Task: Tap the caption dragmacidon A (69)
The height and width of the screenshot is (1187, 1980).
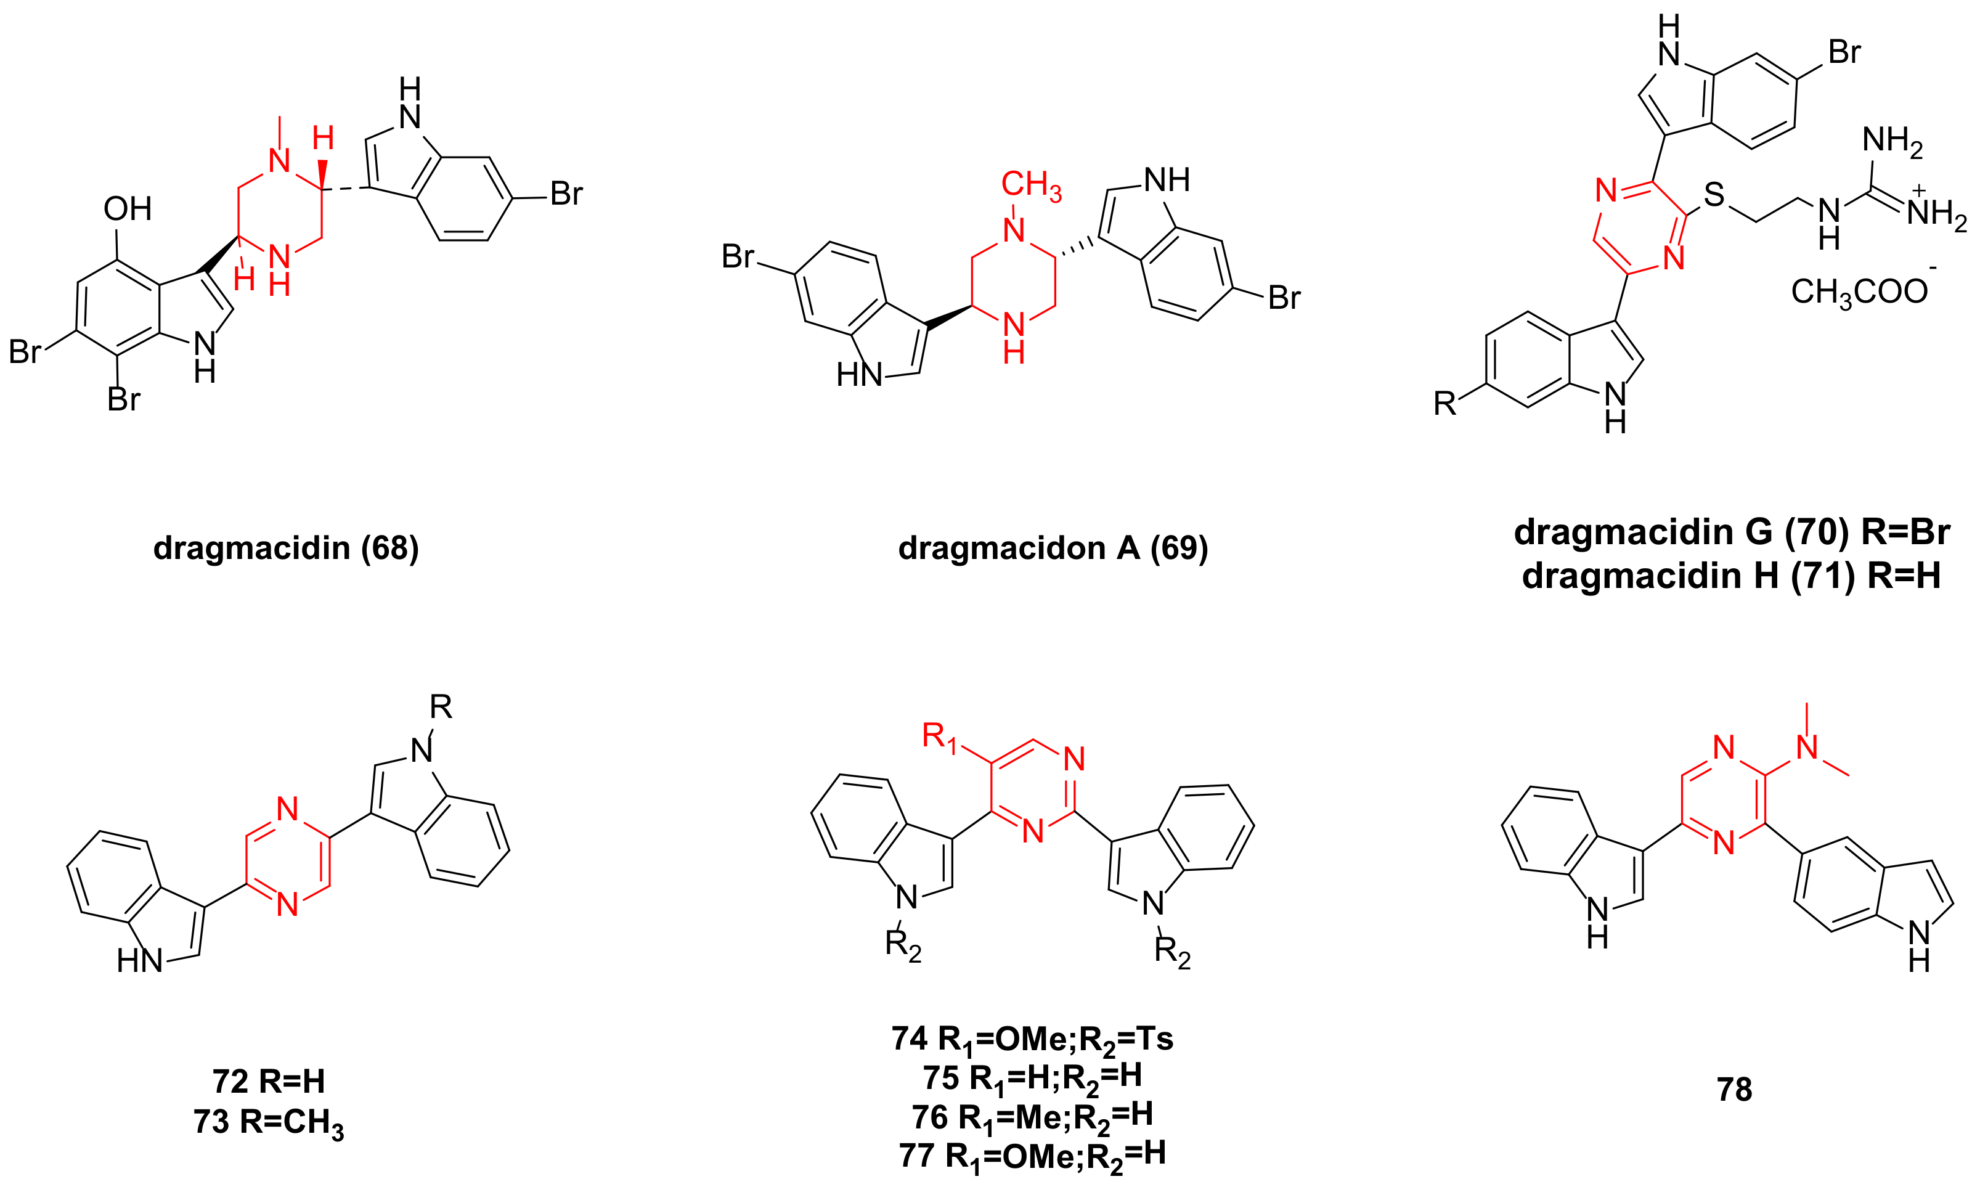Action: [x=1053, y=548]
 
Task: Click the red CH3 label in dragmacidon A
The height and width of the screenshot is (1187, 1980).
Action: [x=1031, y=185]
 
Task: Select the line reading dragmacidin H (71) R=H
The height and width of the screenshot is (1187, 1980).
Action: [x=1730, y=576]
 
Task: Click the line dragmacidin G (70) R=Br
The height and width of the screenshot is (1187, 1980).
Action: [x=1731, y=532]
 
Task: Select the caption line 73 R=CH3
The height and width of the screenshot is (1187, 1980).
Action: [x=269, y=1122]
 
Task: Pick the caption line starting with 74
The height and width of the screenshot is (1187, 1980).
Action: [x=1032, y=1039]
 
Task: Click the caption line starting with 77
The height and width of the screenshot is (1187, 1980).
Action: [x=1032, y=1156]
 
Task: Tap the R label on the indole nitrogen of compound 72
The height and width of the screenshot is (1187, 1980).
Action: [x=441, y=707]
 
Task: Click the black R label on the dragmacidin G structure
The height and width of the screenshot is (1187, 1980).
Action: [x=1445, y=404]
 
